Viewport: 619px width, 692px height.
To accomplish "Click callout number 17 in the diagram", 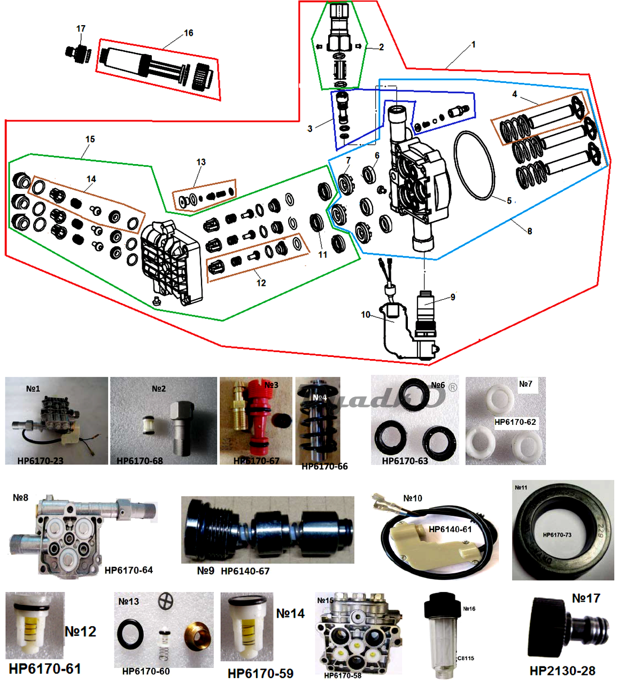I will [x=81, y=29].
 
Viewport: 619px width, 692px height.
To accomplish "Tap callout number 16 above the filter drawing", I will [x=189, y=33].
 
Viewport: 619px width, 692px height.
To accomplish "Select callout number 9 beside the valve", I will [x=453, y=297].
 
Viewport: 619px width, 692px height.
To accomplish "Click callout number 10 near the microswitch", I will [x=366, y=315].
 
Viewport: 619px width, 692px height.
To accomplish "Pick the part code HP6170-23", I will [x=40, y=461].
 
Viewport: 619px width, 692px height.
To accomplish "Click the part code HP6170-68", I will [x=140, y=461].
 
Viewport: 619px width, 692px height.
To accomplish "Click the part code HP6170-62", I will [x=515, y=422].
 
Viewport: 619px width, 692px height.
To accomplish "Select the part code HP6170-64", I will [x=129, y=570].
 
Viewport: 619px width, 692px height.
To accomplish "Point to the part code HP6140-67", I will [x=245, y=571].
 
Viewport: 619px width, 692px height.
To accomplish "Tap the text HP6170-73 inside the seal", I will [x=557, y=535].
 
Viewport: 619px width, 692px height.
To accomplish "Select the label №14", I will [x=290, y=614].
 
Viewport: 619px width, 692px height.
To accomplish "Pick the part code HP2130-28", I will [x=562, y=671].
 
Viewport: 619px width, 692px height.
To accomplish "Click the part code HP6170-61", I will [x=45, y=669].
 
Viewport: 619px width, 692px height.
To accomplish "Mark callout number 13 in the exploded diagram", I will [x=201, y=162].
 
